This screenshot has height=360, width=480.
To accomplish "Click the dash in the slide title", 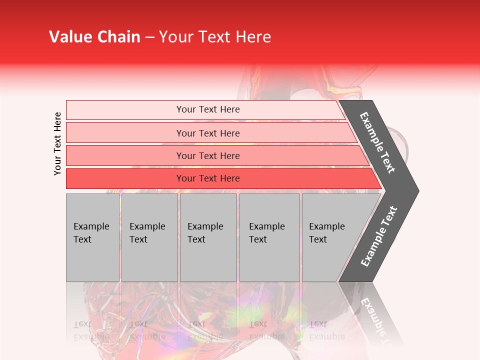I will (x=149, y=37).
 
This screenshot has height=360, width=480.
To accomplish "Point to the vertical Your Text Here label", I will (x=57, y=143).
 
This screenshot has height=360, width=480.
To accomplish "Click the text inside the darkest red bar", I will (x=208, y=178).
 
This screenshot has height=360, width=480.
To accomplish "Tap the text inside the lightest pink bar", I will (x=208, y=109).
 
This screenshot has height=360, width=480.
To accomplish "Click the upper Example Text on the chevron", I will (x=377, y=142).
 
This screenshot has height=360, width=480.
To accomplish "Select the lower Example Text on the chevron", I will (x=378, y=236).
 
